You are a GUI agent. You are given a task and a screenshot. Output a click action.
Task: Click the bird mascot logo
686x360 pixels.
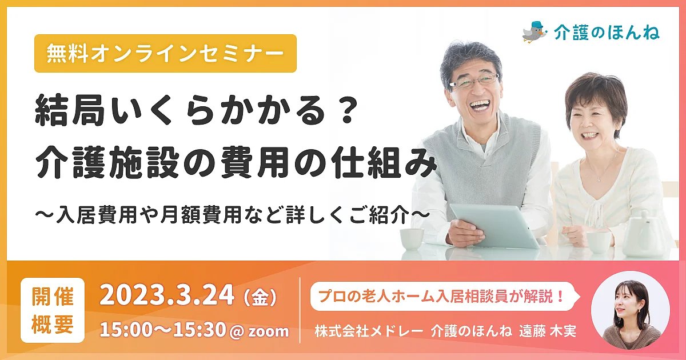[x=535, y=32]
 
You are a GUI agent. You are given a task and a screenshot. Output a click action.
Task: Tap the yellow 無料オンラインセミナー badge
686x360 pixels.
[x=165, y=53]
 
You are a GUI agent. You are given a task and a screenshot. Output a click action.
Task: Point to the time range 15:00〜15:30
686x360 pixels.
[x=162, y=330]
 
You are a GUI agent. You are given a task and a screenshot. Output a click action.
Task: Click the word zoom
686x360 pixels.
[x=268, y=331]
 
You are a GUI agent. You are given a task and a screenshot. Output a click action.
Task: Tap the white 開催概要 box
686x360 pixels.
[x=53, y=310]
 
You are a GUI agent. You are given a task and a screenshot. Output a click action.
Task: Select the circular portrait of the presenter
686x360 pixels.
[x=630, y=310]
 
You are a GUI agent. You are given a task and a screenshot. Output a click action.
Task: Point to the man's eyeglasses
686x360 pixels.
[x=474, y=81]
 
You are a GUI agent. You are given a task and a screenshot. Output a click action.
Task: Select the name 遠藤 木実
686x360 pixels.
[x=548, y=331]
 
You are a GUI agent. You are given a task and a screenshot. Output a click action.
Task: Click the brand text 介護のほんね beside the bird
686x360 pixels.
[x=607, y=33]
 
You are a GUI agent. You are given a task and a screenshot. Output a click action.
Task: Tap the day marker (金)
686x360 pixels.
[x=260, y=297]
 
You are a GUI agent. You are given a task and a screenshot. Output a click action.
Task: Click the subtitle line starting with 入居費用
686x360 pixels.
[x=233, y=215]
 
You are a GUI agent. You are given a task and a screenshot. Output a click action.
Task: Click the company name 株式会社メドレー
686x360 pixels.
[x=369, y=331]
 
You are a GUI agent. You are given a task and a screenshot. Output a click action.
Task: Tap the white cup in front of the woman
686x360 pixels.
[x=596, y=242]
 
